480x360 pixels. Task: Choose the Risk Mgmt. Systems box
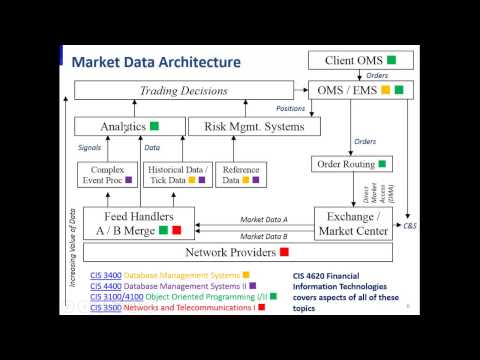[254, 127]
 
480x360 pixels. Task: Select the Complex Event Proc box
[106, 176]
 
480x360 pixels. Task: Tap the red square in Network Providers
[284, 252]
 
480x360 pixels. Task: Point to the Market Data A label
[265, 220]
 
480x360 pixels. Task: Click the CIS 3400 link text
[104, 274]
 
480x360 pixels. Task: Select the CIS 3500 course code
[104, 307]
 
